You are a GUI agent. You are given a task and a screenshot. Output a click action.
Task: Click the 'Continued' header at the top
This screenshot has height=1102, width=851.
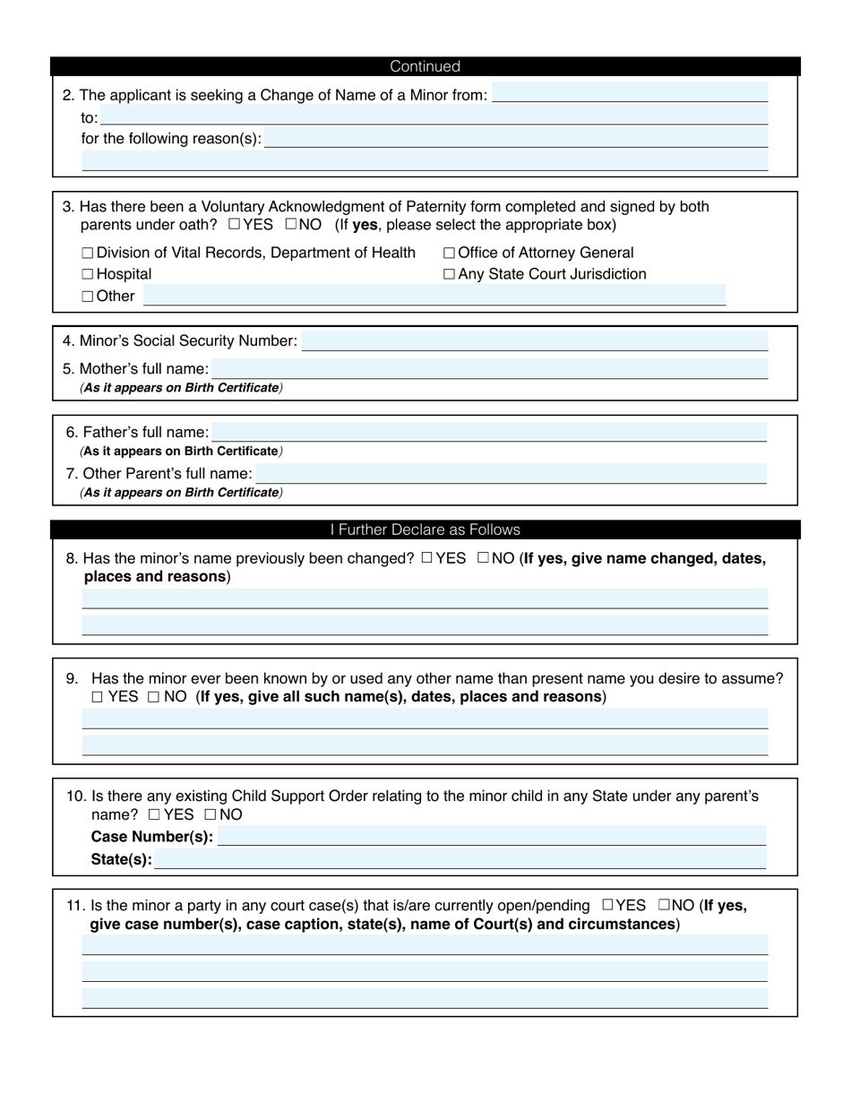425,66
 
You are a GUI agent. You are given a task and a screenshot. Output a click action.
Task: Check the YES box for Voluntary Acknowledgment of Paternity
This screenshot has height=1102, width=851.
234,224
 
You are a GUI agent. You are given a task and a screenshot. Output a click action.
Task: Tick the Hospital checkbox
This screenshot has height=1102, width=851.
87,274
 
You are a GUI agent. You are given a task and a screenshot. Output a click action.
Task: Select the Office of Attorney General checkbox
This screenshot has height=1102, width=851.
449,254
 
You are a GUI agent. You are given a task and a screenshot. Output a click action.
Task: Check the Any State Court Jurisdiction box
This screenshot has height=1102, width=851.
449,274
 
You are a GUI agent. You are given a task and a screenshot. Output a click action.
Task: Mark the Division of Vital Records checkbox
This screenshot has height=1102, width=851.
87,254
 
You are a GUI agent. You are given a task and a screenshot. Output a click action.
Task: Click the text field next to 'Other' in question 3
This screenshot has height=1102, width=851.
434,296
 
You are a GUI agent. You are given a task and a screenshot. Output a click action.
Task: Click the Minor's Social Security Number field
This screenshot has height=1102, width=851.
535,340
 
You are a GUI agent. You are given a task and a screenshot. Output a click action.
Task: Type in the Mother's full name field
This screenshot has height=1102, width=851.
489,368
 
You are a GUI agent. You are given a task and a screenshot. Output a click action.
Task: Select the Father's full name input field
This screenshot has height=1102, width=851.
489,432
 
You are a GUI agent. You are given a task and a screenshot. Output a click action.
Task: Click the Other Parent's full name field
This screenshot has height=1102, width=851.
511,473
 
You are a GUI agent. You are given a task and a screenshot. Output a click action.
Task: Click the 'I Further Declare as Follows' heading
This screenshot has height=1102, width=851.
425,529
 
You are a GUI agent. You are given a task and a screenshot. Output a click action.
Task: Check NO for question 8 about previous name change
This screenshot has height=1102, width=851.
483,558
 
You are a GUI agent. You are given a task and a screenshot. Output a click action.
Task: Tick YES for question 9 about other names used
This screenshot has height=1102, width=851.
97,697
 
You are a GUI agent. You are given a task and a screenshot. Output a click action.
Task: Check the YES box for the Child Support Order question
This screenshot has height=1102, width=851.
154,814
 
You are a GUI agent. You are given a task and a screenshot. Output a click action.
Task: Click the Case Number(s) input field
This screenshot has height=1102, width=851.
492,836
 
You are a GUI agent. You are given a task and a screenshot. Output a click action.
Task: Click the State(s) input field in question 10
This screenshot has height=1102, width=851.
460,859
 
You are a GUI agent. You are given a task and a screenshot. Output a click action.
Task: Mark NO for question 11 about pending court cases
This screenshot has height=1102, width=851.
664,905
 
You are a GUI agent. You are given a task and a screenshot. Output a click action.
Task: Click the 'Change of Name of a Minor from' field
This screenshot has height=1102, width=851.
630,93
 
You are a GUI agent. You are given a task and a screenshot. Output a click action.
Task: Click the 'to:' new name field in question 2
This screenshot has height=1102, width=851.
434,116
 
